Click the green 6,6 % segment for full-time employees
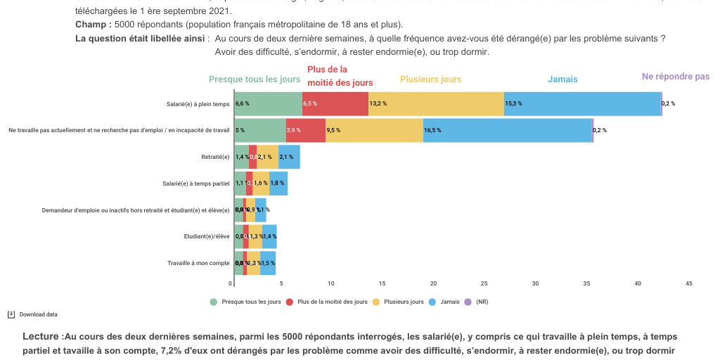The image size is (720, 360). tap(268, 103)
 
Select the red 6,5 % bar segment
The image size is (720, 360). tap(335, 103)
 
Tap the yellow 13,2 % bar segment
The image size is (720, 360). tap(436, 103)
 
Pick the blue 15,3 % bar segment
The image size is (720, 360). tap(582, 103)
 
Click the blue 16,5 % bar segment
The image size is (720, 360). tap(508, 130)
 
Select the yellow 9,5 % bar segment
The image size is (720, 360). tap(374, 130)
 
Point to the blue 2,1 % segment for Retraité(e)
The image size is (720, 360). tap(289, 157)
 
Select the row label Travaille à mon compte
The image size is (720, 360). tap(198, 263)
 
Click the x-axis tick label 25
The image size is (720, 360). tap(484, 283)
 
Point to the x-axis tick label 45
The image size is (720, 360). tap(688, 283)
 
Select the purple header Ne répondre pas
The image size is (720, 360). tap(675, 77)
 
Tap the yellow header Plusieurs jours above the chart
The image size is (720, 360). tap(430, 79)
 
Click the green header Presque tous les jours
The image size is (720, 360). tap(255, 79)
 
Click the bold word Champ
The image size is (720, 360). tap(91, 25)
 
